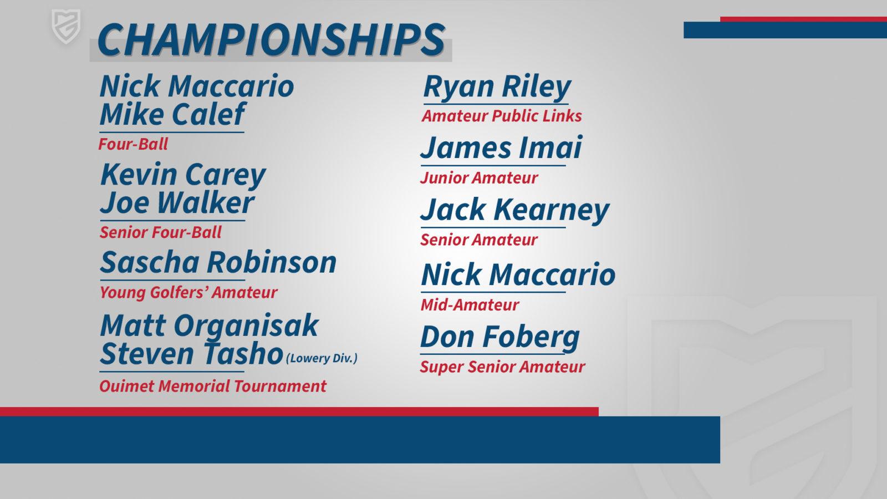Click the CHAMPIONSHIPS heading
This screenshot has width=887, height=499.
tap(272, 39)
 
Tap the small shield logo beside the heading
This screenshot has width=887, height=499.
tap(66, 27)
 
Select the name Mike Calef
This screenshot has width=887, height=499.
tap(172, 114)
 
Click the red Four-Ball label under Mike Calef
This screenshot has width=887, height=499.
tap(134, 144)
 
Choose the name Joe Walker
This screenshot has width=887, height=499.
tap(177, 203)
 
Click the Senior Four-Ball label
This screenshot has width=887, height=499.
tap(160, 232)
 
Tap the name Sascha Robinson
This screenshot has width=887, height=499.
tap(218, 262)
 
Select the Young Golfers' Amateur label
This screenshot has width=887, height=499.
tap(188, 293)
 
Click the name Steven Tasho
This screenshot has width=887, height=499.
tap(192, 354)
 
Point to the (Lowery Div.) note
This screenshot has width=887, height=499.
tap(322, 358)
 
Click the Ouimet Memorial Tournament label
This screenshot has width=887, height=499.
tap(213, 386)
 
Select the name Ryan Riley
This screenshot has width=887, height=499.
tap(497, 87)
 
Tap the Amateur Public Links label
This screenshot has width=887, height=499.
tap(502, 116)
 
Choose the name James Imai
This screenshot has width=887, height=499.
tap(501, 147)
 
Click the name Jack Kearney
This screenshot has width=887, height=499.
tap(515, 211)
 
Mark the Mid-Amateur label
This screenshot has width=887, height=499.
tap(470, 305)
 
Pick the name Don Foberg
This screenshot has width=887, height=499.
tap(500, 338)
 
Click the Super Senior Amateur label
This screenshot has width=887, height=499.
tap(502, 367)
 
